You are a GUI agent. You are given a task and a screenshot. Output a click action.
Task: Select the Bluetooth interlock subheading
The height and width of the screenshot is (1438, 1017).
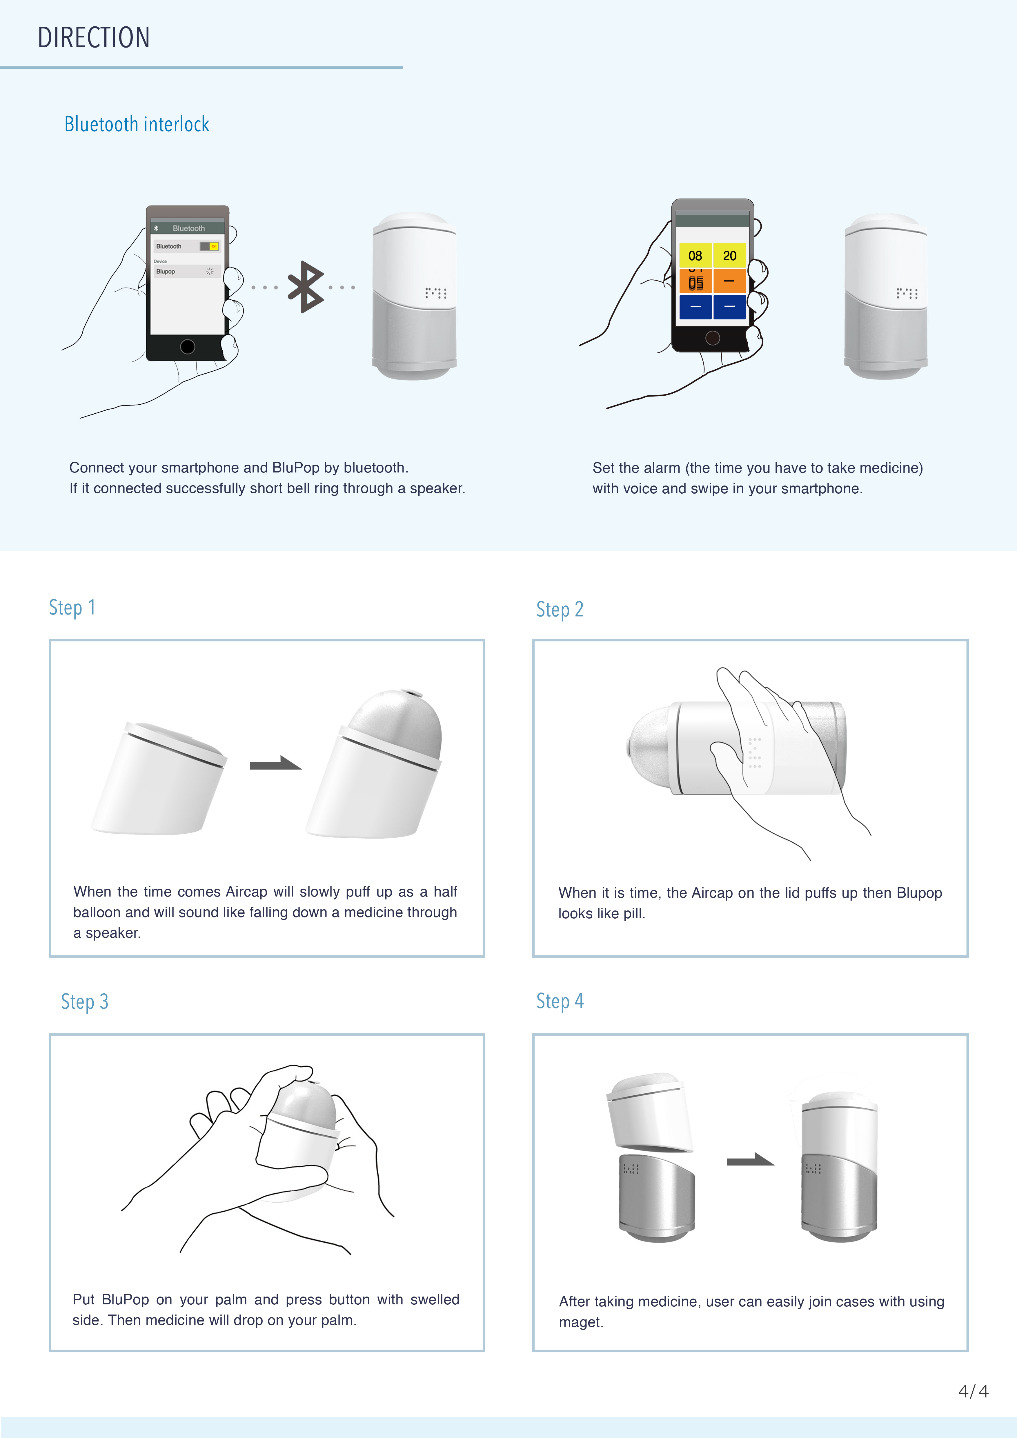click(137, 124)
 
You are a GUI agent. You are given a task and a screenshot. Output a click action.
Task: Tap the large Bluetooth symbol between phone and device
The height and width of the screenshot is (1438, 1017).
click(305, 287)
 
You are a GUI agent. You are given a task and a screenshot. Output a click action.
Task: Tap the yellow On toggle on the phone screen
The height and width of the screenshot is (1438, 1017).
click(214, 246)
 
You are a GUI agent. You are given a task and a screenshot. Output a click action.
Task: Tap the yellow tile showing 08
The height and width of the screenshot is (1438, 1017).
click(695, 256)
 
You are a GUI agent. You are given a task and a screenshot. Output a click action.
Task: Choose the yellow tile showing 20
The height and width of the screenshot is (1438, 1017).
click(730, 256)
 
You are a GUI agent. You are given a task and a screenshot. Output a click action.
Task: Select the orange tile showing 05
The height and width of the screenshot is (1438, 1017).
click(695, 282)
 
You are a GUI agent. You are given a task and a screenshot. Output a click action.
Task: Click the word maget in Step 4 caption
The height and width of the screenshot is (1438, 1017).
click(580, 1322)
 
